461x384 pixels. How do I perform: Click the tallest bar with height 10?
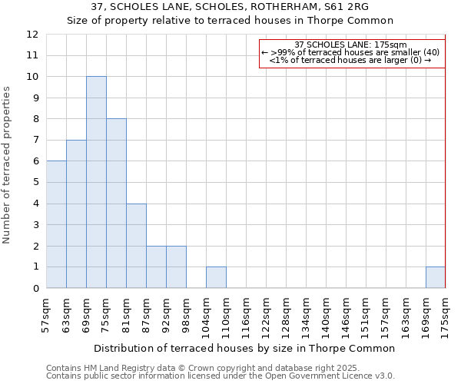96,182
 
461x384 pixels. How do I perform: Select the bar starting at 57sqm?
56,224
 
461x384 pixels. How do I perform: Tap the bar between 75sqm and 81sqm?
116,204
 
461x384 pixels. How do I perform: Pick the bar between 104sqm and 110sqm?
216,277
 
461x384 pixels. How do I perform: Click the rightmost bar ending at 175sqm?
436,277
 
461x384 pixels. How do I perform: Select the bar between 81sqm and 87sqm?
136,246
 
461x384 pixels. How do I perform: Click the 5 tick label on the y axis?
35,183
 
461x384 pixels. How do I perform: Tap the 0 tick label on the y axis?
35,289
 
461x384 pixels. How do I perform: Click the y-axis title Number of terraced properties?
8,165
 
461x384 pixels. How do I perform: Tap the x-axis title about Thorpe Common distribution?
246,348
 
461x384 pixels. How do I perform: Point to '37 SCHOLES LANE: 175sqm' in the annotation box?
350,45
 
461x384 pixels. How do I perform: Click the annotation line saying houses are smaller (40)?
350,52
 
